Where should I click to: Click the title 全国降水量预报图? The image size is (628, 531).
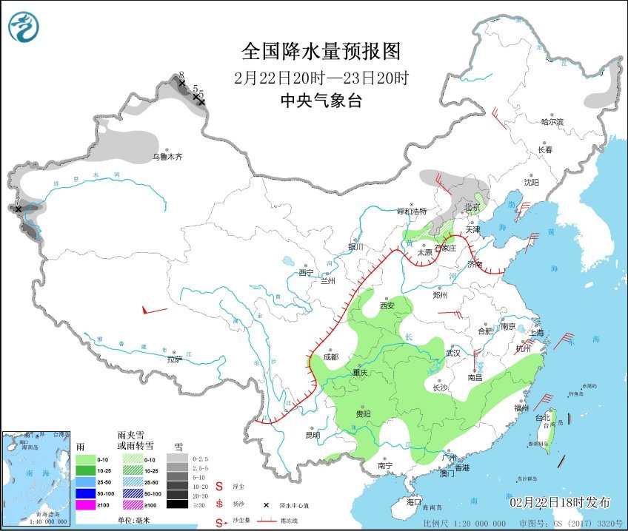click(321, 51)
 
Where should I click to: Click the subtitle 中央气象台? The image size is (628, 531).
click(321, 101)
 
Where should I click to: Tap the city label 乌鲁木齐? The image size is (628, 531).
click(167, 157)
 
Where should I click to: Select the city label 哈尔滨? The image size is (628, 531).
click(552, 121)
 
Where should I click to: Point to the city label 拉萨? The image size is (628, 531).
click(174, 359)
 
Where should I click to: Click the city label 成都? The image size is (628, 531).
click(330, 357)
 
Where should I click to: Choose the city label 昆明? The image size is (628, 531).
click(313, 435)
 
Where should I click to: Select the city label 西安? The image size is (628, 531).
click(387, 305)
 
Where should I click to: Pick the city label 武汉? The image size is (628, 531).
click(452, 354)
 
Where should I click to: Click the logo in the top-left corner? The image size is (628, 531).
click(24, 27)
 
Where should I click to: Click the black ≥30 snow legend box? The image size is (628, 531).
click(176, 504)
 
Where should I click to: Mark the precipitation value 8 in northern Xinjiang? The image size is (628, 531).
click(181, 75)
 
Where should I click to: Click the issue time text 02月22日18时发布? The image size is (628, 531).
click(560, 502)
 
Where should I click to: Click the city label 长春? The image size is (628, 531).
click(545, 149)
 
